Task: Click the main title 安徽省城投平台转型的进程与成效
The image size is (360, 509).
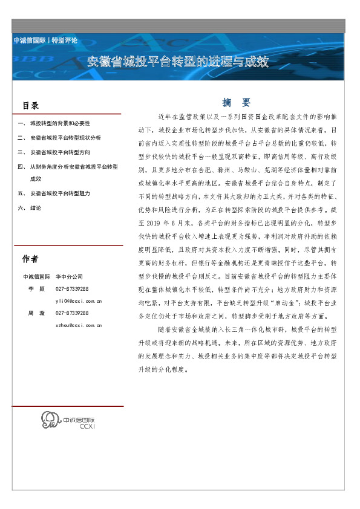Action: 178,62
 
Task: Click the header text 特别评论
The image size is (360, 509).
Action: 65,39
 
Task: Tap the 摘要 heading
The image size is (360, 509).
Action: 236,102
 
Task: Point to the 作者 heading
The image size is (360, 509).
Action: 30,259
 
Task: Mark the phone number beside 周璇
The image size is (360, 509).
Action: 72,313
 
